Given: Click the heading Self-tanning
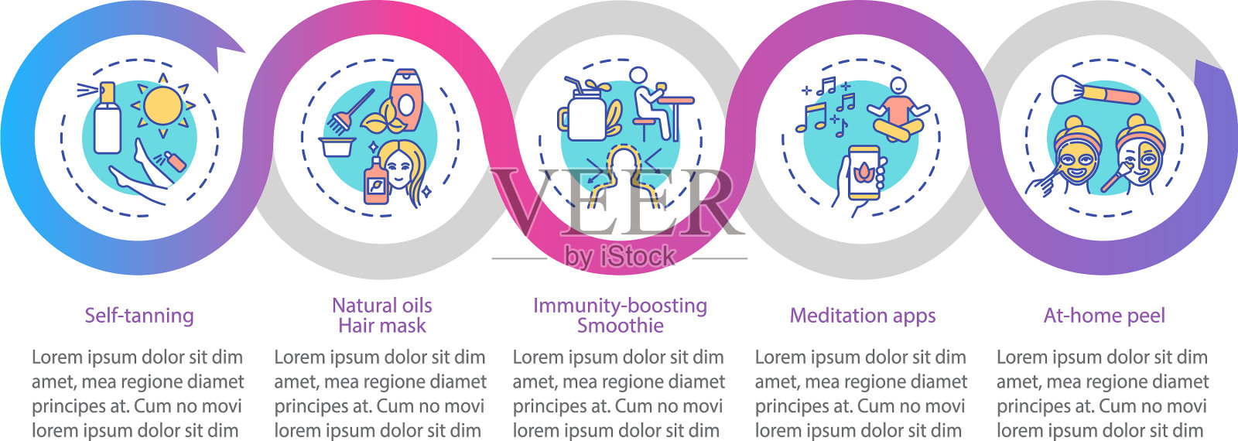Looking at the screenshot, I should pos(139,316).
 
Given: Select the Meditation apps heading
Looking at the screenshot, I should pos(863,316).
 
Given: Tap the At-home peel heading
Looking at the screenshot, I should pos(1104,316).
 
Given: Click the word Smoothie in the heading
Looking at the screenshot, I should pos(620,326).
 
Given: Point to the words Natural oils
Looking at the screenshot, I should pos(382,306).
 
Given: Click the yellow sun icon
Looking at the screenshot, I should pos(162,106).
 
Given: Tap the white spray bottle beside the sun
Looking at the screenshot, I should pos(107,120).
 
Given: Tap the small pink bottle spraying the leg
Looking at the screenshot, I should pos(176,162).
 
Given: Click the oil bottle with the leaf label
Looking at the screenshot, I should pos(376,182).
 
